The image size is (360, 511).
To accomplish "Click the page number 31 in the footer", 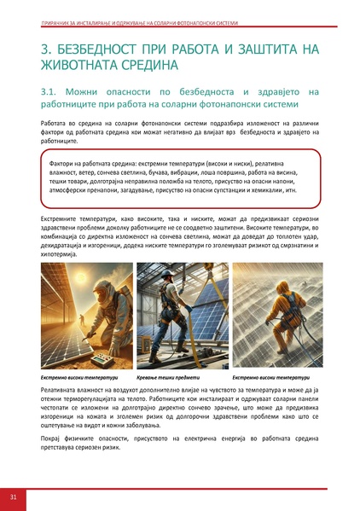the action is click(14, 496).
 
